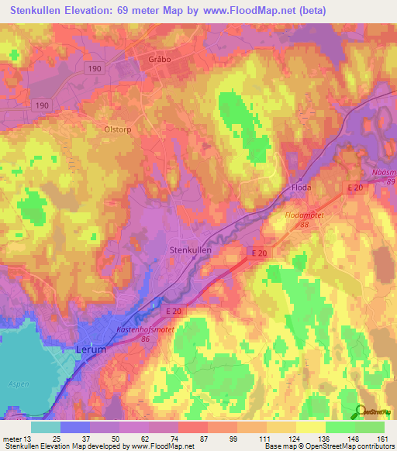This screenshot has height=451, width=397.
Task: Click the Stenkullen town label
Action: click(x=191, y=250)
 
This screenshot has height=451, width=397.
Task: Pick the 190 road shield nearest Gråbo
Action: click(x=93, y=68)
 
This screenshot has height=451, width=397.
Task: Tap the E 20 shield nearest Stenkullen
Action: click(x=259, y=253)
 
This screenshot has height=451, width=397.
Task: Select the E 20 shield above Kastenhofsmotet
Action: click(x=174, y=311)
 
